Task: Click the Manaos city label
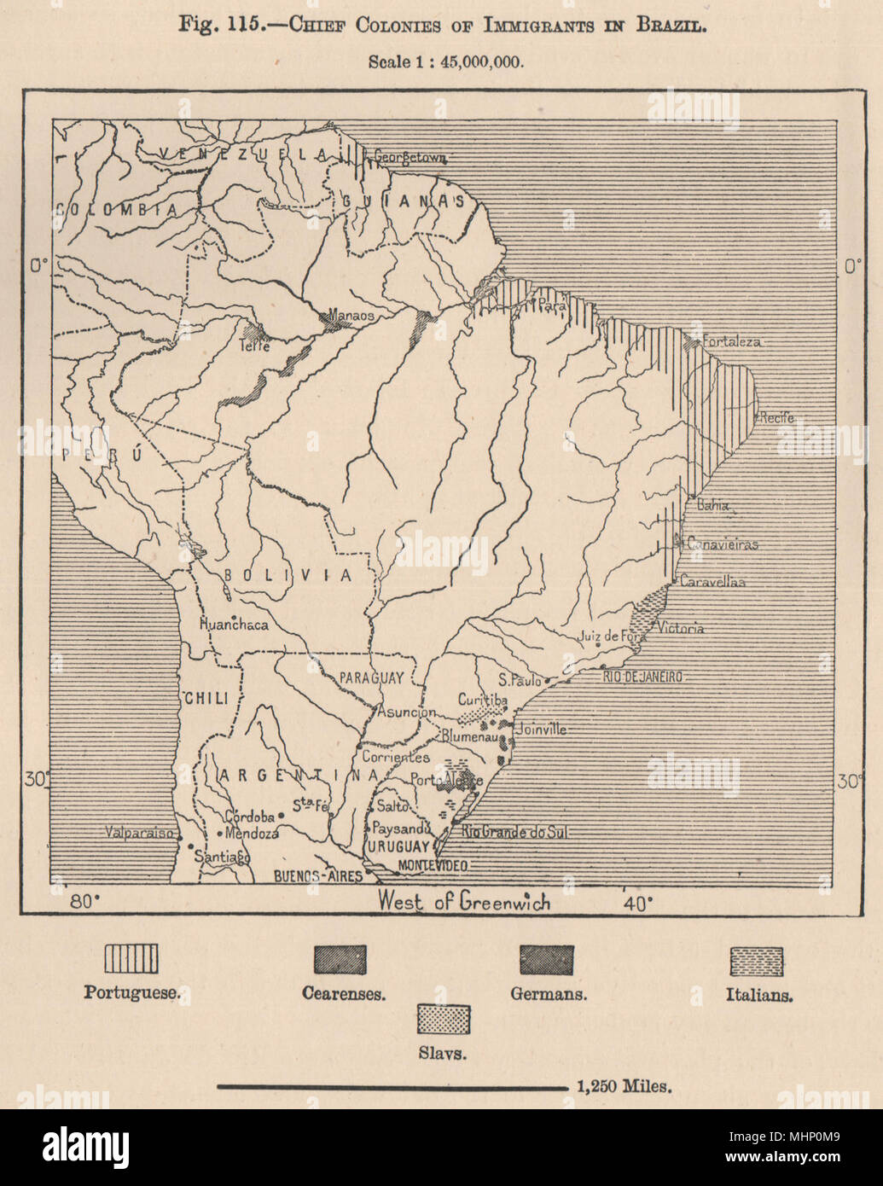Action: pos(351,315)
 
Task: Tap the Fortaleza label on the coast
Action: pos(731,341)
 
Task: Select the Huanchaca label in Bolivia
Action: pos(233,625)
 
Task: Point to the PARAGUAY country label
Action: pos(371,677)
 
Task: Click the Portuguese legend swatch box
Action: pos(131,959)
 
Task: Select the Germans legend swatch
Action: pos(547,960)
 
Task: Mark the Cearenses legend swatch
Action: pos(340,960)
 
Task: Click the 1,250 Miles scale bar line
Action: pos(392,1087)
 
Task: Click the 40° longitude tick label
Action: pos(637,903)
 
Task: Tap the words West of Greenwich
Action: pos(464,901)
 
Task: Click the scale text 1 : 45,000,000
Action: pos(445,61)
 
